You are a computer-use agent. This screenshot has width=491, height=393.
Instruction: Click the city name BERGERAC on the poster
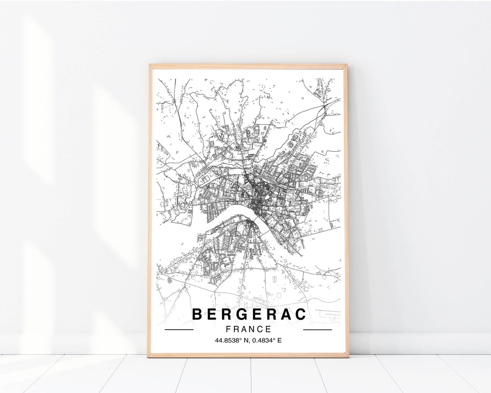point(249,314)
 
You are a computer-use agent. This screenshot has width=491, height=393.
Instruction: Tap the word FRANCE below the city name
point(249,329)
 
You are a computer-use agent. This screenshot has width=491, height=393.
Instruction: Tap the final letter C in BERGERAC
point(301,314)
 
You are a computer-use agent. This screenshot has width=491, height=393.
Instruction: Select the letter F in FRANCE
point(228,329)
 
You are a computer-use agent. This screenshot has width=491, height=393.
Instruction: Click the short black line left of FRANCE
point(179,330)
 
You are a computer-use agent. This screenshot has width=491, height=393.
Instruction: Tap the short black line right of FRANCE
point(317,330)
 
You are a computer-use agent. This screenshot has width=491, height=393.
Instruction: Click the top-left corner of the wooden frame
point(150,65)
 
